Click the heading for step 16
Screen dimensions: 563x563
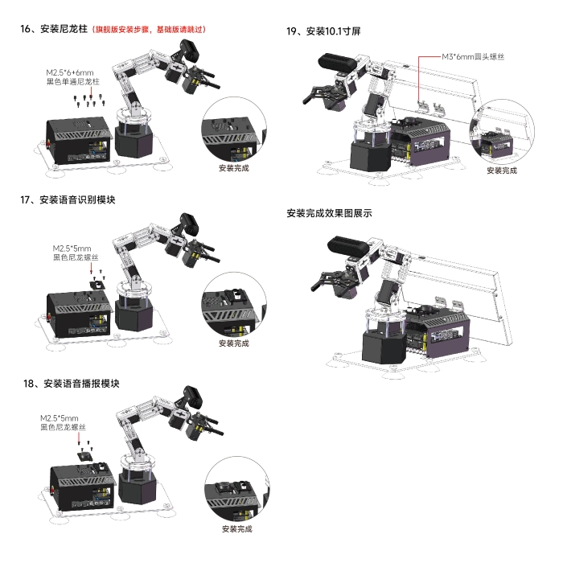pyautogui.click(x=54, y=29)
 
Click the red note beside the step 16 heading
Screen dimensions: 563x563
pyautogui.click(x=149, y=29)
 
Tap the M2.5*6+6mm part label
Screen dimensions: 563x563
pyautogui.click(x=72, y=77)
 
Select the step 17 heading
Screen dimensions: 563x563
pyautogui.click(x=68, y=199)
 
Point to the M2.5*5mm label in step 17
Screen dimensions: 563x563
pyautogui.click(x=76, y=253)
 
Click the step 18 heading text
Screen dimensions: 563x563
pyautogui.click(x=71, y=384)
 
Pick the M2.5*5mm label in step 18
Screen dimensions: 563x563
pyautogui.click(x=63, y=422)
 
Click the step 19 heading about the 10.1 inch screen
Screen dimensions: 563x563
pyautogui.click(x=323, y=31)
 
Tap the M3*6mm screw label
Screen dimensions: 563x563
pyautogui.click(x=473, y=56)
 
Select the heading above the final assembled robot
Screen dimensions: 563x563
pyautogui.click(x=329, y=213)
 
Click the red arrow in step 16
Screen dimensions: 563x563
pyautogui.click(x=91, y=92)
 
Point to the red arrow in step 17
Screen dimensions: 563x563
pyautogui.click(x=91, y=268)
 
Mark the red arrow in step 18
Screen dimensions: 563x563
pyautogui.click(x=79, y=438)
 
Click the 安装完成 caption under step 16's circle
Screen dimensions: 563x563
pyautogui.click(x=234, y=168)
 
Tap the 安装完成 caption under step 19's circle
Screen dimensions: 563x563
pyautogui.click(x=502, y=171)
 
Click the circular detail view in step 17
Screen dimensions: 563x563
pyautogui.click(x=234, y=305)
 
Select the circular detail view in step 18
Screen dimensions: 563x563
pyautogui.click(x=237, y=489)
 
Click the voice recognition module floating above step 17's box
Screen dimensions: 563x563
pyautogui.click(x=97, y=286)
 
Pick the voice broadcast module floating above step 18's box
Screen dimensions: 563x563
pyautogui.click(x=85, y=457)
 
